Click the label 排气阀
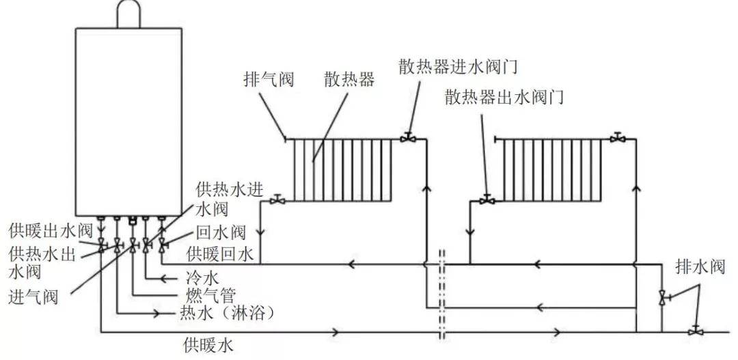coord(269,80)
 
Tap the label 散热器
coord(349,80)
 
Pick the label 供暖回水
coord(221,255)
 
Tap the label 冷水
coord(203,278)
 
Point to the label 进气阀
coord(33,298)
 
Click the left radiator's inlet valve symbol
coord(409,138)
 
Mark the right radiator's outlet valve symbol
coord(487,200)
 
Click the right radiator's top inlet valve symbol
coord(618,138)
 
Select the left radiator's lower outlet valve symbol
coord(277,200)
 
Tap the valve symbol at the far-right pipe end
coord(696,331)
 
